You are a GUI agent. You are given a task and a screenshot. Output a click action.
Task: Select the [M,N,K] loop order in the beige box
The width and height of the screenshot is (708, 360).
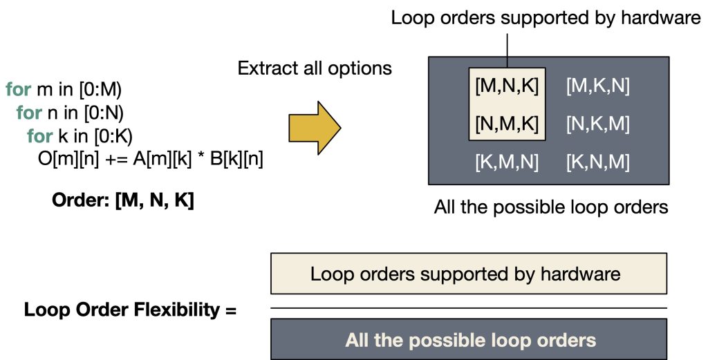507,87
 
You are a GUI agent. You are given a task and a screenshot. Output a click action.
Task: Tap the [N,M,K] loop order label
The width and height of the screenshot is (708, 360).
507,124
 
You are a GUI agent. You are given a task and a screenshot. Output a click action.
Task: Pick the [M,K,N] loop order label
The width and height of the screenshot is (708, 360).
597,87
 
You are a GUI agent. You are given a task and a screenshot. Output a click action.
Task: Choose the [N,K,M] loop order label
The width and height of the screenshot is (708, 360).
597,124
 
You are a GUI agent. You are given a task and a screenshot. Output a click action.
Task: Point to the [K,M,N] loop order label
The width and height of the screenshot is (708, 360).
507,162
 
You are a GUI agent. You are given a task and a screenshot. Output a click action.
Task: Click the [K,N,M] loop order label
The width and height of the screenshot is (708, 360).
597,162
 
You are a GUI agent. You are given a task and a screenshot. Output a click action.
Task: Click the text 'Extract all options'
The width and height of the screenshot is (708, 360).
315,68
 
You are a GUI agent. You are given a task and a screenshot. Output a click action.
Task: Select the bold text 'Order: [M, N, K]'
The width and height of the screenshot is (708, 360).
123,202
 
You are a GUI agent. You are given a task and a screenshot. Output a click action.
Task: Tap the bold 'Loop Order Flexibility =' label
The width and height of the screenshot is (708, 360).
130,310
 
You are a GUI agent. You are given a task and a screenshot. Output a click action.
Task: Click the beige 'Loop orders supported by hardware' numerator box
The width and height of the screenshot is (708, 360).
468,274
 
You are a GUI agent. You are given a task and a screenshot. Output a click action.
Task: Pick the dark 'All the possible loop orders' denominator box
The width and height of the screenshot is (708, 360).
468,340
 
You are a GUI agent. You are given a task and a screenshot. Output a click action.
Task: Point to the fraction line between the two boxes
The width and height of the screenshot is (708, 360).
468,307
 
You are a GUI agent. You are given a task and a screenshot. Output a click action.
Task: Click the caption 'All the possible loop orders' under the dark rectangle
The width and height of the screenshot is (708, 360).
551,207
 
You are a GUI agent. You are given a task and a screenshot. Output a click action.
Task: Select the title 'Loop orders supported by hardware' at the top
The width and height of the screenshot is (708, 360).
546,17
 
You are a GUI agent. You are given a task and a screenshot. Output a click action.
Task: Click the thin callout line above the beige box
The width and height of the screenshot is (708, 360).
507,48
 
